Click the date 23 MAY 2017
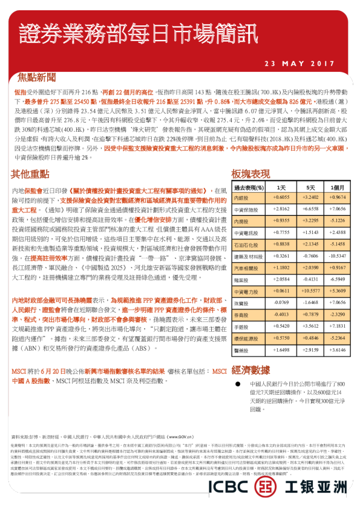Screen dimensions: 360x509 pyautogui.click(x=300, y=63)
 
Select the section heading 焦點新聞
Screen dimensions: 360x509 pyautogui.click(x=37, y=77)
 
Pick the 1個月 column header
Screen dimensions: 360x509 pyautogui.click(x=337, y=188)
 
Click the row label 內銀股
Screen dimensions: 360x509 pyautogui.click(x=241, y=198)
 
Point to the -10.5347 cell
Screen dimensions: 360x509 pyautogui.click(x=337, y=256)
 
